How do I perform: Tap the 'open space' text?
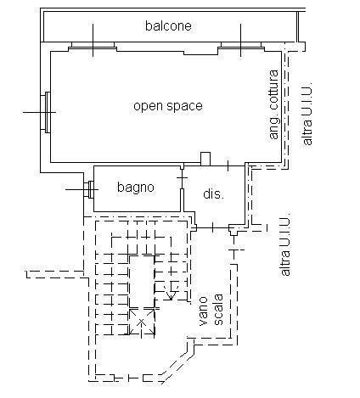168,106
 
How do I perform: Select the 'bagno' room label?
136,188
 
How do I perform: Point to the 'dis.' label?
213,194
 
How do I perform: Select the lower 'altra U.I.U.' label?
286,245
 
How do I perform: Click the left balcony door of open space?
93,46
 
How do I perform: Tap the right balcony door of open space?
241,46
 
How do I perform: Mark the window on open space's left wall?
48,111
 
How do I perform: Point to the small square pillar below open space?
204,158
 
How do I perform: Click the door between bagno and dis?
182,188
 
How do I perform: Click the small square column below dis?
233,227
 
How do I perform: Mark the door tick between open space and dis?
227,164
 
